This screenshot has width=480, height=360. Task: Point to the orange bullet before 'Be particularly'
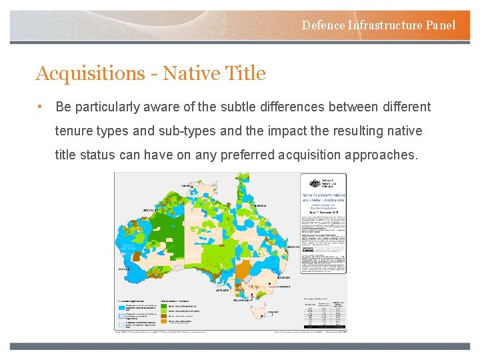tap(41, 107)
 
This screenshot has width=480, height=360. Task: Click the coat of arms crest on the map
tap(312, 183)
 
